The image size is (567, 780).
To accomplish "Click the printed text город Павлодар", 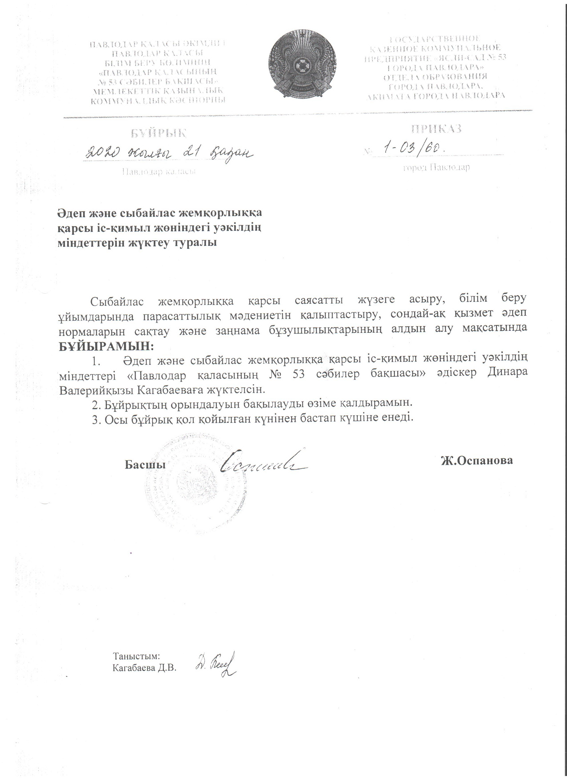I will (436, 167).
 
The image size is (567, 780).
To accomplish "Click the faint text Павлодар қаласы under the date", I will (159, 171).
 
